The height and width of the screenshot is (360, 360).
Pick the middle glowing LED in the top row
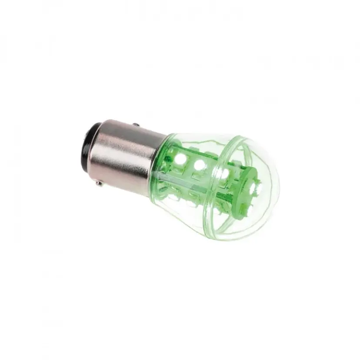tap(200, 165)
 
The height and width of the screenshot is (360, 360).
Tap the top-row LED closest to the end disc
tap(223, 173)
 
